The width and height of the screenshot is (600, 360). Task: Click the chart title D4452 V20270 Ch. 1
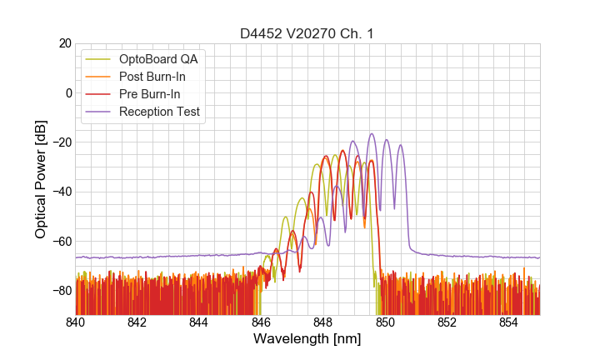307,33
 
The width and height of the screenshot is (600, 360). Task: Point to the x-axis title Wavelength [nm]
307,339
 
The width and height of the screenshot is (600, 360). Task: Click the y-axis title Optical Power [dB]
41,179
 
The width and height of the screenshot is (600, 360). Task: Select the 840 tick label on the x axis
76,322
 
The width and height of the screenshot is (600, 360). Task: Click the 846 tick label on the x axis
261,322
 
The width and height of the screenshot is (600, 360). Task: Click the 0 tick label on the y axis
67,92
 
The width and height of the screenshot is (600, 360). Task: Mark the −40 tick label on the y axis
61,192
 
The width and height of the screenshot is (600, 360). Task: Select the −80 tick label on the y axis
61,291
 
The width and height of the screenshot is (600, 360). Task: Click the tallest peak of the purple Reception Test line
372,134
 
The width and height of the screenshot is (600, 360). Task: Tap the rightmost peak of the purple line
401,145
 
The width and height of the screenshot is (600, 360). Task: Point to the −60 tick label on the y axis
61,242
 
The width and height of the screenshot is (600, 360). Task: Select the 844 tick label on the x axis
199,322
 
